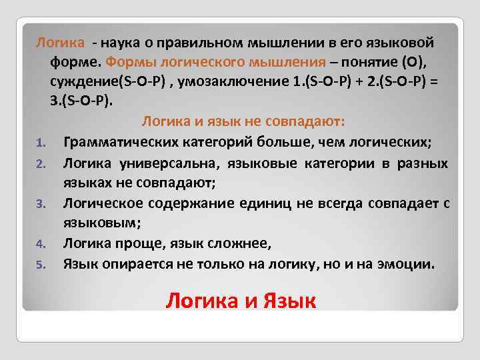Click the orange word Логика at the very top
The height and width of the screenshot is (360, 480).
coord(60,43)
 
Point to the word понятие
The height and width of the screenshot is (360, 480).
coord(367,62)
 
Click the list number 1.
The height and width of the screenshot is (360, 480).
coord(40,143)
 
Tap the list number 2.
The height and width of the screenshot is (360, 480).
coord(40,163)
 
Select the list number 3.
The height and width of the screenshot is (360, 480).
coord(40,203)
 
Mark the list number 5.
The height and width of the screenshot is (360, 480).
coord(40,265)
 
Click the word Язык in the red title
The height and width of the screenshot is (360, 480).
coord(287,301)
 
